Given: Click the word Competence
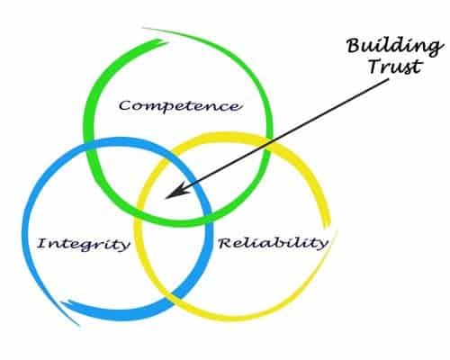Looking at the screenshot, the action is click(x=179, y=106).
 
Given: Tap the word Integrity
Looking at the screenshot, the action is click(x=84, y=244).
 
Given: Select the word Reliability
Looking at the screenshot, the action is click(x=273, y=242).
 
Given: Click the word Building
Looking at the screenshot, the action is click(x=394, y=47).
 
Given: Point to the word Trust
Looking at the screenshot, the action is click(x=395, y=67).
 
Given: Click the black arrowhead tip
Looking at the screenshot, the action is click(x=166, y=198).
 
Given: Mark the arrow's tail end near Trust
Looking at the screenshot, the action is click(x=389, y=79).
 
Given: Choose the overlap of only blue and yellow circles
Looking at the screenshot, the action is click(x=171, y=258).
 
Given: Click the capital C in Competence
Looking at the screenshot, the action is click(x=125, y=106).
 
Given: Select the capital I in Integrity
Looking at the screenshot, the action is click(x=42, y=243).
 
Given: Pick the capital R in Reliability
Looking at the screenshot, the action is click(x=226, y=242).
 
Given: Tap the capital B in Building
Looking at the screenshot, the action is click(x=355, y=47).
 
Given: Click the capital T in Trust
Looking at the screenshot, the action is click(x=376, y=67).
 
